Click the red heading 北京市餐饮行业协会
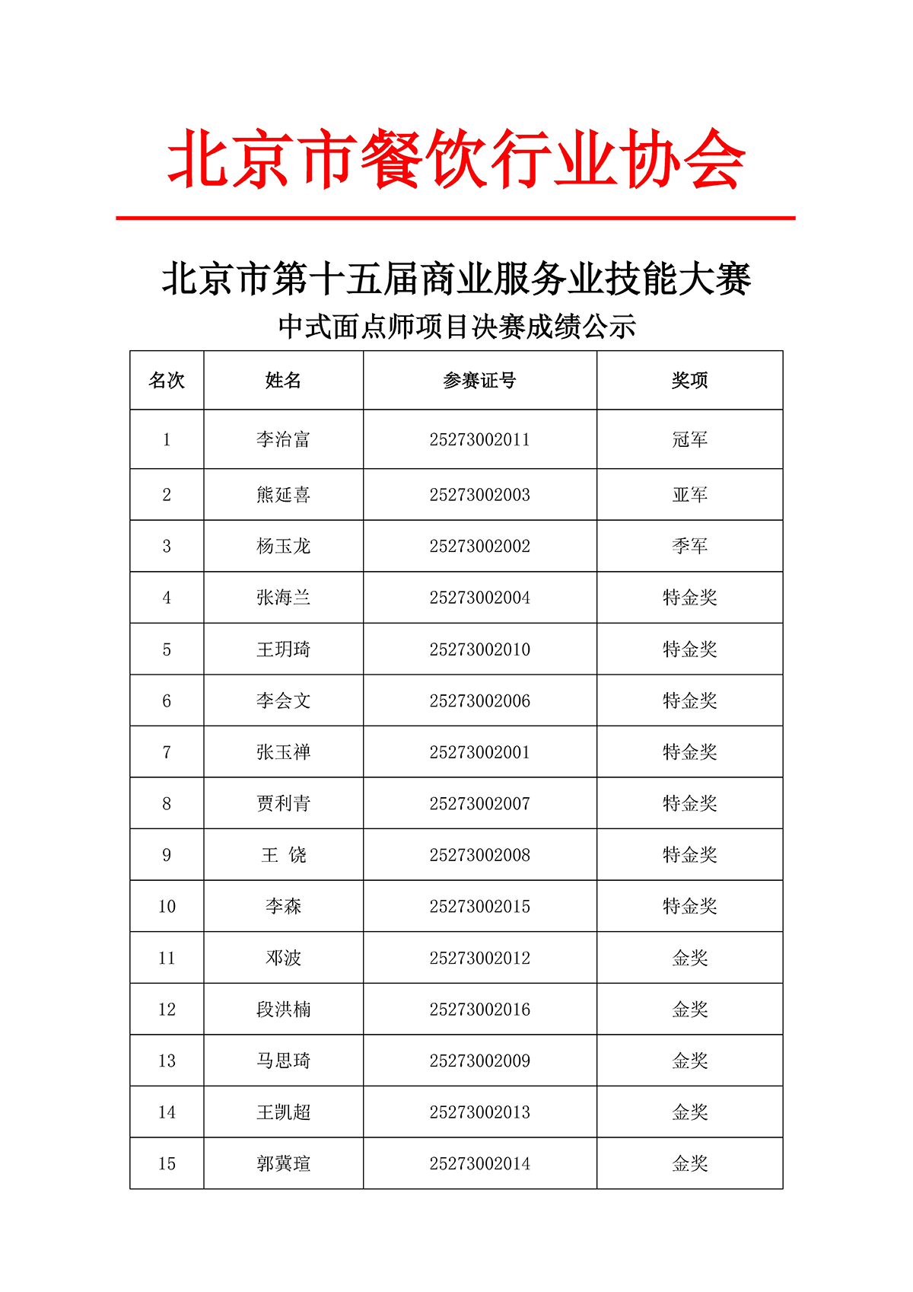pos(456,159)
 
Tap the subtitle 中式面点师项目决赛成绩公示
pos(456,327)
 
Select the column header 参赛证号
pos(479,381)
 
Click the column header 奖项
pos(689,381)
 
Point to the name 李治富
pos(283,440)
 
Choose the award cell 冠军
pos(689,440)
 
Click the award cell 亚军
pos(689,495)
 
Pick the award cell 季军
pos(689,547)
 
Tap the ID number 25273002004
pos(479,598)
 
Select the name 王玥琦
pos(283,649)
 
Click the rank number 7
pos(167,753)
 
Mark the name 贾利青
pos(283,804)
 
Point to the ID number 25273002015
pos(479,907)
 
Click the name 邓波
pos(283,959)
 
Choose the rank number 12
pos(167,1010)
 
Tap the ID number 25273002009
pos(479,1061)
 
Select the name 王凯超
pos(283,1112)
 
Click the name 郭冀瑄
pos(283,1164)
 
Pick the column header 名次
pos(167,381)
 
